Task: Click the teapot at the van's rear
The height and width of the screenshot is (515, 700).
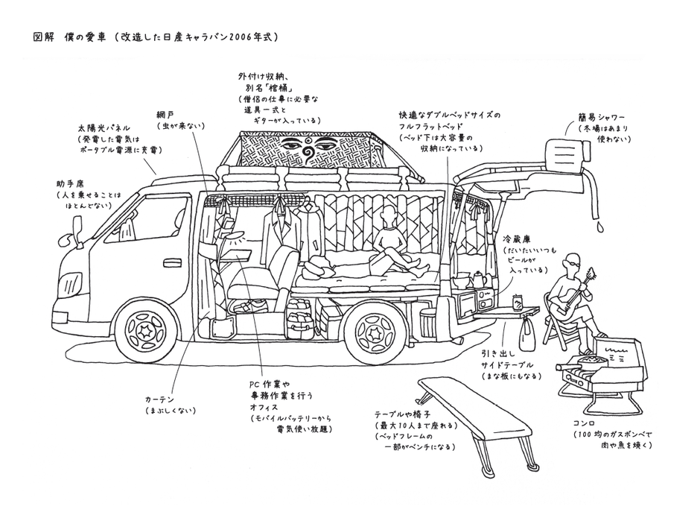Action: pos(477,279)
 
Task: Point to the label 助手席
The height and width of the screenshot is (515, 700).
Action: pos(69,183)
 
